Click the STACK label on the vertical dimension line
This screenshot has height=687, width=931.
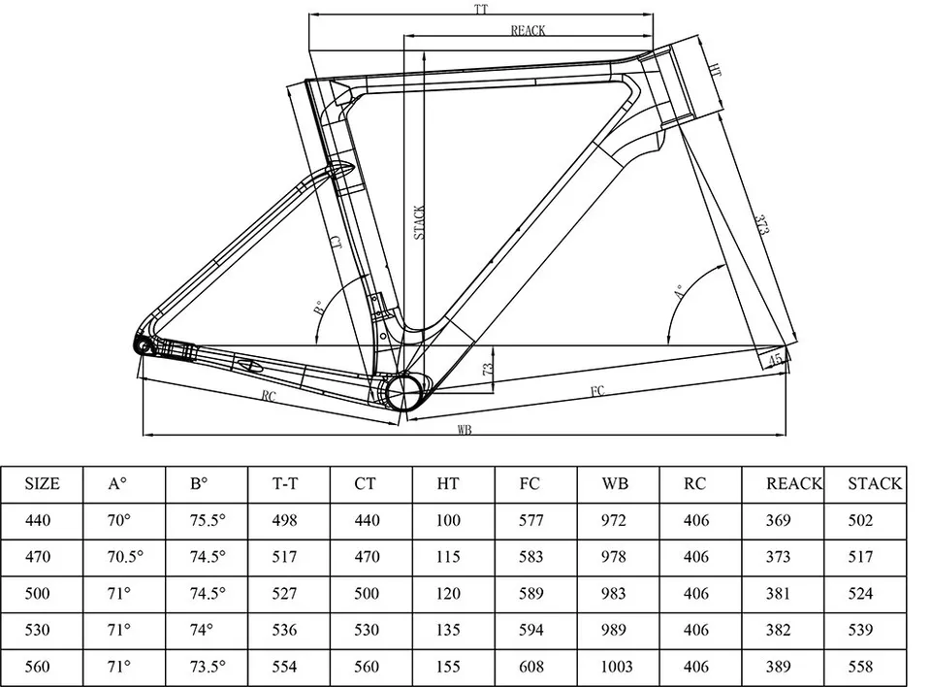419,223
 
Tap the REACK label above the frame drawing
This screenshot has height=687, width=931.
528,30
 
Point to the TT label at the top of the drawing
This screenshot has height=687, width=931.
481,9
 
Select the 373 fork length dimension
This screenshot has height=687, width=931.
762,224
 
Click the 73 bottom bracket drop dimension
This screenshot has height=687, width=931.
488,369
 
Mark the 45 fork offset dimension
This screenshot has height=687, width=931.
775,360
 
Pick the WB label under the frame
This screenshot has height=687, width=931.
465,429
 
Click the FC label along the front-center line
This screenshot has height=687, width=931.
597,390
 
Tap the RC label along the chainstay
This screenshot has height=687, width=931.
269,396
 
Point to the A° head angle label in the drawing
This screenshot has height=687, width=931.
679,291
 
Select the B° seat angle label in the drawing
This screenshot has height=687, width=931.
319,308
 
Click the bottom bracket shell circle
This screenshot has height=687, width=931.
404,393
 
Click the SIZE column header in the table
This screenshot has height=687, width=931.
42,484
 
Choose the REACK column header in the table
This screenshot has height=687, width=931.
794,484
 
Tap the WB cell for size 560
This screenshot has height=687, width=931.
617,667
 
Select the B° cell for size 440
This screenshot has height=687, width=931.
208,521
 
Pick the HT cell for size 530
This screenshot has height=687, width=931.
448,630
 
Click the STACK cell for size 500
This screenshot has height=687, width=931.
860,594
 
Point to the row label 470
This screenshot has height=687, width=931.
38,557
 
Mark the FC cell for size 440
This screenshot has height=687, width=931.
530,521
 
